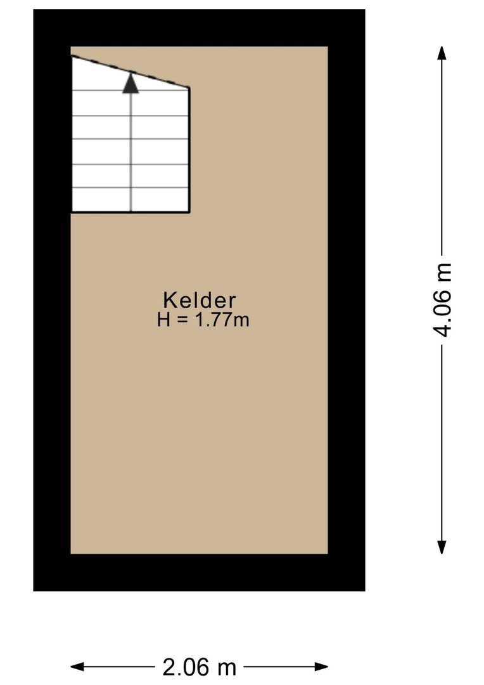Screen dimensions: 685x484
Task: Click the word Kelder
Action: tap(200, 300)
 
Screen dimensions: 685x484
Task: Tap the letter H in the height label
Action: tap(164, 320)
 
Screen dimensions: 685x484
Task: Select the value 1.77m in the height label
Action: tap(222, 320)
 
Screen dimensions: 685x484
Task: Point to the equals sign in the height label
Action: tap(182, 320)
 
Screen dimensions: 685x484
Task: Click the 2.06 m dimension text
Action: tap(199, 667)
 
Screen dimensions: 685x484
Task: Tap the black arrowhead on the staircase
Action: tap(131, 84)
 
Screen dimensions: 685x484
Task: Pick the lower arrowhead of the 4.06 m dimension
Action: tap(442, 547)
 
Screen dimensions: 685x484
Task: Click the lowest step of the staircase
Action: tap(130, 200)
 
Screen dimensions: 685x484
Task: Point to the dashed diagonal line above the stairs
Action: tap(158, 79)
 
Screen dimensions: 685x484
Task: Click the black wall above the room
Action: tap(199, 27)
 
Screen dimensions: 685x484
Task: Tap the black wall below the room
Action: tap(199, 572)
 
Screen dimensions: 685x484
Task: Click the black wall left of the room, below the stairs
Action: tap(51, 381)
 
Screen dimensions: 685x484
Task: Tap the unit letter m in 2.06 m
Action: tap(227, 667)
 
